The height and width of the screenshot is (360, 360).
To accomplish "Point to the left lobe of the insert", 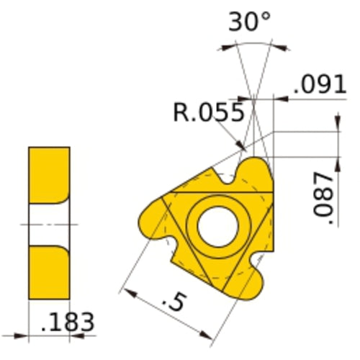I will click(x=153, y=216).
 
